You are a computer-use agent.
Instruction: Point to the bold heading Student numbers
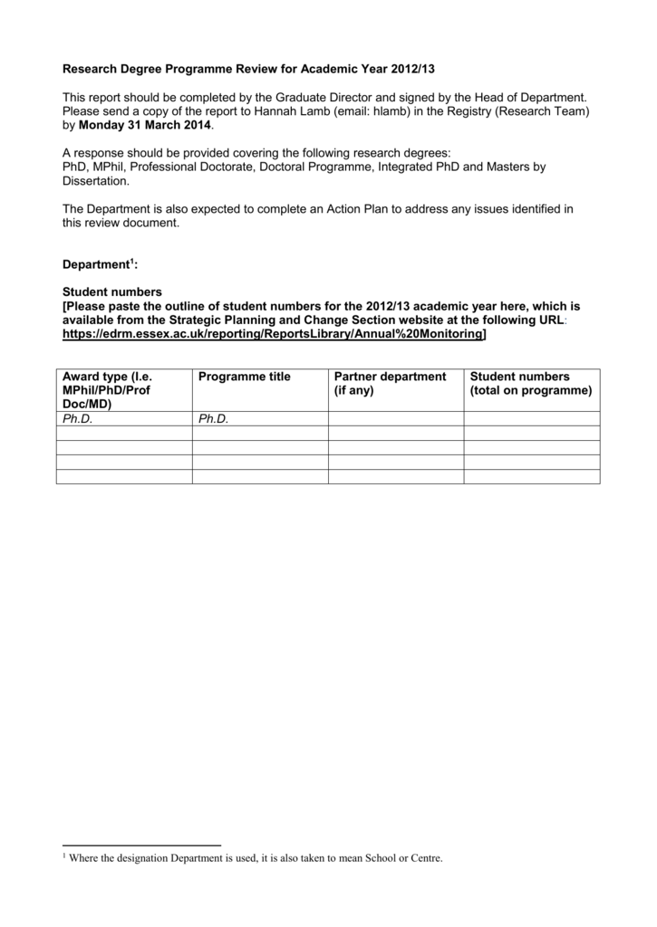click(111, 292)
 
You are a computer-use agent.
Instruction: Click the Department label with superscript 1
click(99, 264)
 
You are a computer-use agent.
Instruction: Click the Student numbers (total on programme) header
click(530, 384)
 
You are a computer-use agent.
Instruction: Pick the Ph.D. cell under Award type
click(78, 419)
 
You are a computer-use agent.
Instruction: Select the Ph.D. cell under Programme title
click(214, 419)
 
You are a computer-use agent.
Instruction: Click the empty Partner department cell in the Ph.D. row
click(396, 419)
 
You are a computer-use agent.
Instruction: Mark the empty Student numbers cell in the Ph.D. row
click(531, 419)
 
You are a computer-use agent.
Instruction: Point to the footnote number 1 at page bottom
click(64, 855)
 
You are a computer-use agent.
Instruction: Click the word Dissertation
click(94, 181)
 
